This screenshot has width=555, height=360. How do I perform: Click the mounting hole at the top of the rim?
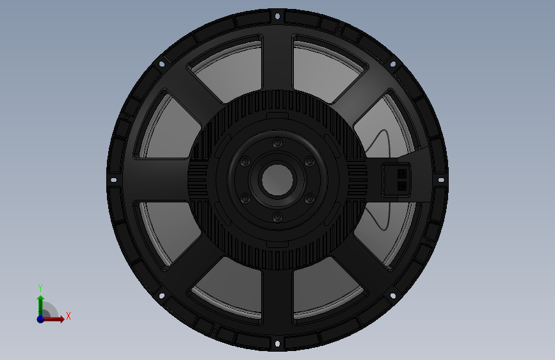[278, 16]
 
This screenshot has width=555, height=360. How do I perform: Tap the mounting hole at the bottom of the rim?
[278, 343]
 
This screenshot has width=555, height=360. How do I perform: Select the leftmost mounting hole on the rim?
[113, 180]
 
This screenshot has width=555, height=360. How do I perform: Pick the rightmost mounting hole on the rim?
[441, 180]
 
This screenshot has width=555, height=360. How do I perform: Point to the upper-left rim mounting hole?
[162, 64]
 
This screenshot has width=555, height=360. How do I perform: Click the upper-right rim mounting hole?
[393, 64]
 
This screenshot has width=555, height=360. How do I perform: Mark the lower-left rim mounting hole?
[162, 296]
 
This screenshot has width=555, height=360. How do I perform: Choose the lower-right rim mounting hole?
[393, 296]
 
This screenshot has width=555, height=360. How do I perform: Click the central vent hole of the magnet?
[278, 179]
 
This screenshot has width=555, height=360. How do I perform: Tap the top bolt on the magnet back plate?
[278, 143]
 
